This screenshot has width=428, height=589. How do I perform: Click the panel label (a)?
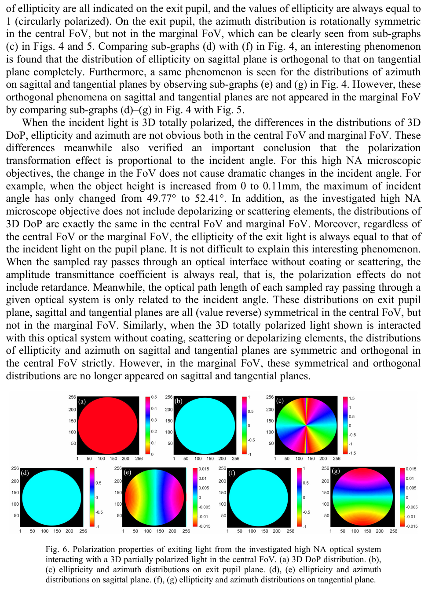tap(82, 401)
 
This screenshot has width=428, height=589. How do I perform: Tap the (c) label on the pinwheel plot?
tap(280, 401)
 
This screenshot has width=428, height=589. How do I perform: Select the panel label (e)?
tap(128, 472)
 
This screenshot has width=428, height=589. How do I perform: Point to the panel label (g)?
tap(336, 471)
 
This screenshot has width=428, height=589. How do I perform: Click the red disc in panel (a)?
tap(108, 426)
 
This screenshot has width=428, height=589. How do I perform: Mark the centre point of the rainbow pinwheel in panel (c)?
tap(305, 426)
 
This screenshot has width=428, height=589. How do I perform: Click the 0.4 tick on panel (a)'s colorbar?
tap(154, 408)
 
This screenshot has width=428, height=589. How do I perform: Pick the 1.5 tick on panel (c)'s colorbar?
tap(351, 398)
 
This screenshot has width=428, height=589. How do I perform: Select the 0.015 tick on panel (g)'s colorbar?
tap(411, 469)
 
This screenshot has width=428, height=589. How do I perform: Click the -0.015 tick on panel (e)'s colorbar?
tap(204, 526)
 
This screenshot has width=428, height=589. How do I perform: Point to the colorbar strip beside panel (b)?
tap(244, 426)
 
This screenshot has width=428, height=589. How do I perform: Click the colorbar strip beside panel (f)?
tap(299, 497)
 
